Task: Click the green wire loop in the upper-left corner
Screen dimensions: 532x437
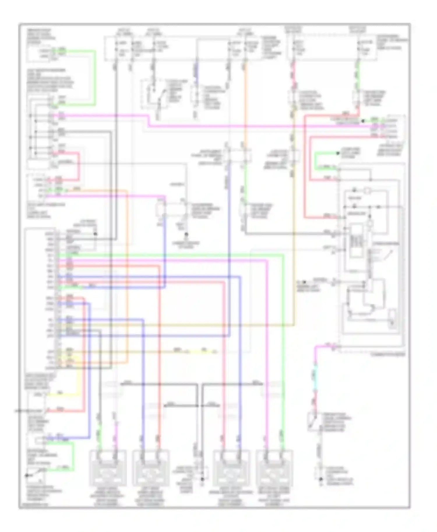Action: (x=95, y=76)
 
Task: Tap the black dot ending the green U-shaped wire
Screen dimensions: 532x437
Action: (x=338, y=153)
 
